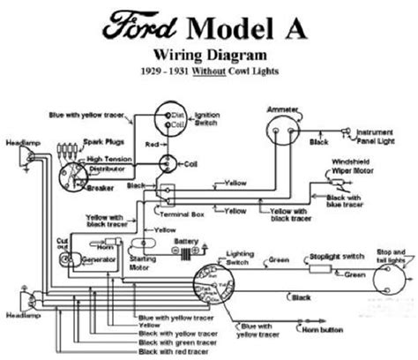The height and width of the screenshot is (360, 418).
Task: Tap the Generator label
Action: tap(86, 262)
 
